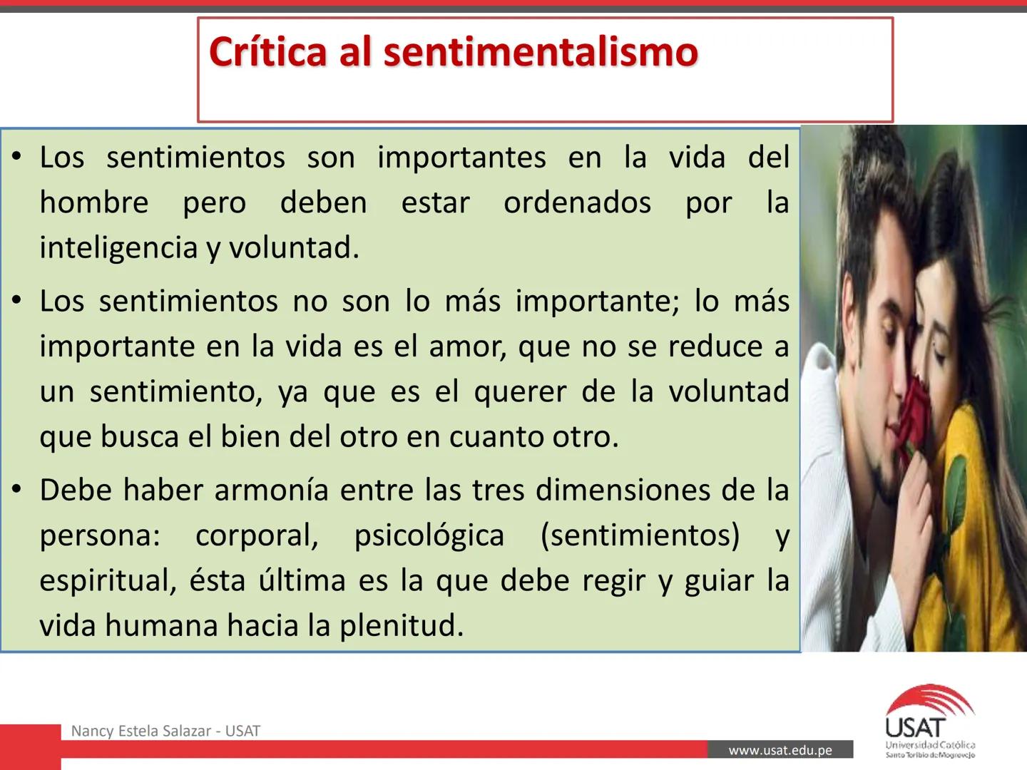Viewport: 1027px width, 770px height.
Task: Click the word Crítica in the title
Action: point(267,52)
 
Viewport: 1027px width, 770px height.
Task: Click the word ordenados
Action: point(577,203)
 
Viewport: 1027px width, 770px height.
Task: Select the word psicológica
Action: point(429,535)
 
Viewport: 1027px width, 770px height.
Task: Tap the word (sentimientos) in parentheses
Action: point(640,535)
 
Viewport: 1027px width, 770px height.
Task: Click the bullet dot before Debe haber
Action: point(17,490)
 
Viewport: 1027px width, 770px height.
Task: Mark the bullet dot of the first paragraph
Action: point(17,157)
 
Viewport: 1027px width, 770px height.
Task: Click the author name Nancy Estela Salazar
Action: point(141,731)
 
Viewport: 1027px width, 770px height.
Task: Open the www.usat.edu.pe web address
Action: point(780,750)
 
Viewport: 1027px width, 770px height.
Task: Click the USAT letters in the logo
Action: point(916,728)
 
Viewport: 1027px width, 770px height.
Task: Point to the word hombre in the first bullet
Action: point(93,203)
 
